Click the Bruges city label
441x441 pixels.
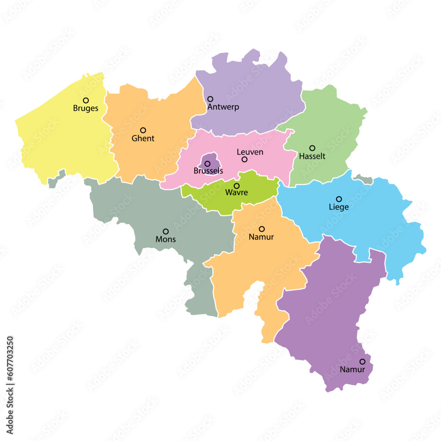coord(86,108)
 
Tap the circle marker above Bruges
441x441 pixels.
coord(86,101)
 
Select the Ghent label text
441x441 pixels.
coord(143,138)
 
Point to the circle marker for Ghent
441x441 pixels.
coord(143,130)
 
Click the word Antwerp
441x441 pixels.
coord(223,107)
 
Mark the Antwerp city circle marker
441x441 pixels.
coord(210,99)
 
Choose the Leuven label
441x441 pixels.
coord(250,152)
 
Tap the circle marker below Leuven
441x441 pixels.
coord(244,159)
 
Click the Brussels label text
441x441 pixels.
coord(208,171)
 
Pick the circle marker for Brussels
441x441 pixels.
coord(207,164)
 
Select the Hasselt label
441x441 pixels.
coord(312,156)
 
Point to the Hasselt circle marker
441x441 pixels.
coord(312,148)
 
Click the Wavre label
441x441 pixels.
coord(236,193)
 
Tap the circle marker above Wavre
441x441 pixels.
coord(236,186)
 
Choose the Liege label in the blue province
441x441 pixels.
coord(339,207)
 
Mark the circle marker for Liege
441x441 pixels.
coord(339,199)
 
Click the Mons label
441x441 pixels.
coord(165,239)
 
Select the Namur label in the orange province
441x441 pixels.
coord(261,237)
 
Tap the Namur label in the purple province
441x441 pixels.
coord(352,370)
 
